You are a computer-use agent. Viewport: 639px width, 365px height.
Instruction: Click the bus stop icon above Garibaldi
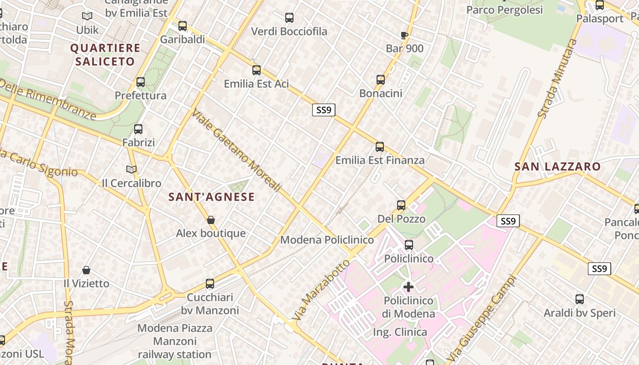(x=183, y=26)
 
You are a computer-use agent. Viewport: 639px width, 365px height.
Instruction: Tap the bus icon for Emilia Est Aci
(x=257, y=70)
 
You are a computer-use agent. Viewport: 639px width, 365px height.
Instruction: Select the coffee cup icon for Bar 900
(x=404, y=35)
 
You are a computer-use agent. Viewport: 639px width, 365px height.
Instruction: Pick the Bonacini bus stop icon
(x=381, y=80)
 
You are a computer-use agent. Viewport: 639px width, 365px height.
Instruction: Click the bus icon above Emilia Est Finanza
(x=380, y=147)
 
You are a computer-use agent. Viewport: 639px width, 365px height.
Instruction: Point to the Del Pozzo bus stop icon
(x=401, y=205)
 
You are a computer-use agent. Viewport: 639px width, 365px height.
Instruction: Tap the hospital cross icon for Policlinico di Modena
(x=409, y=287)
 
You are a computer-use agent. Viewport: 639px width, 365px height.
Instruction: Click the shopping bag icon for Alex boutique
(x=211, y=220)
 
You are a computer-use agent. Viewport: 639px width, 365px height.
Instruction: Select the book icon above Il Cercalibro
(x=131, y=170)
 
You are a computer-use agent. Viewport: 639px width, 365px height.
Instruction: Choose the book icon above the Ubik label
(x=87, y=16)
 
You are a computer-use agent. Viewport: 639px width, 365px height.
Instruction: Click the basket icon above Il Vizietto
(x=86, y=270)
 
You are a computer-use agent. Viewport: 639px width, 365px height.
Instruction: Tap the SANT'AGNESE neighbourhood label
(x=211, y=197)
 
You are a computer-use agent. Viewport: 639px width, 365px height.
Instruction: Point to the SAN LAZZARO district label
(x=557, y=167)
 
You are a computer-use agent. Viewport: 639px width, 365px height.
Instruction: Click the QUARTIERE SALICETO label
(x=105, y=55)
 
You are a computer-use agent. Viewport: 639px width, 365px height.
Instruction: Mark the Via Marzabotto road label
(x=322, y=289)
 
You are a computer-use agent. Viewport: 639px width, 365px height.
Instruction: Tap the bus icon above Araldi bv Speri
(x=580, y=299)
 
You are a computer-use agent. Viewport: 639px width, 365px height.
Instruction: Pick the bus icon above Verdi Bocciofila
(x=289, y=18)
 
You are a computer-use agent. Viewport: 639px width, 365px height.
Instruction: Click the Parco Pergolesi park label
(x=504, y=10)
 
